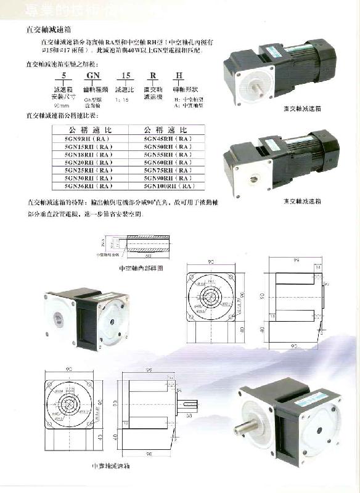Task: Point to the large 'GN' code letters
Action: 94,76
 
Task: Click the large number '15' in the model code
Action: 126,76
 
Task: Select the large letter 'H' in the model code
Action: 179,76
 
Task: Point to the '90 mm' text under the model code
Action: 62,106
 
